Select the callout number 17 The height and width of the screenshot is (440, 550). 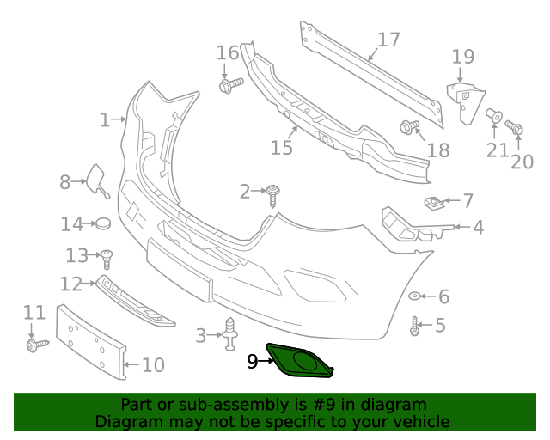(x=388, y=40)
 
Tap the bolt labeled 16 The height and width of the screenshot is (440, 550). (x=230, y=84)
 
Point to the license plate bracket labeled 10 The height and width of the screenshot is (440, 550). (x=90, y=341)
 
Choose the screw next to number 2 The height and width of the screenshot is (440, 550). (x=274, y=194)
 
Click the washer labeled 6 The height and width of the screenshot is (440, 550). (x=414, y=296)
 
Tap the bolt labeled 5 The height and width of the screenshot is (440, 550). (x=414, y=326)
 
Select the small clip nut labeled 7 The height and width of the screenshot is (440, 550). (x=434, y=203)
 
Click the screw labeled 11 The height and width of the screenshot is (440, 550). (x=37, y=345)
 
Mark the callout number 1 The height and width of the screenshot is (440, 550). (x=105, y=120)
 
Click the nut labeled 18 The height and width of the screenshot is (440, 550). (x=408, y=127)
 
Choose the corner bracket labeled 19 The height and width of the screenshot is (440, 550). (x=465, y=101)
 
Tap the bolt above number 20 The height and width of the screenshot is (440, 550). (x=515, y=129)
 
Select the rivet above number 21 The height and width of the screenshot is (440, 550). (x=494, y=114)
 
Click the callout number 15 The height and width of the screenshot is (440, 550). (x=281, y=148)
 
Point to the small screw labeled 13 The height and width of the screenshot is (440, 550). (x=107, y=256)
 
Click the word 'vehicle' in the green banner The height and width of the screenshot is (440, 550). (x=418, y=421)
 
